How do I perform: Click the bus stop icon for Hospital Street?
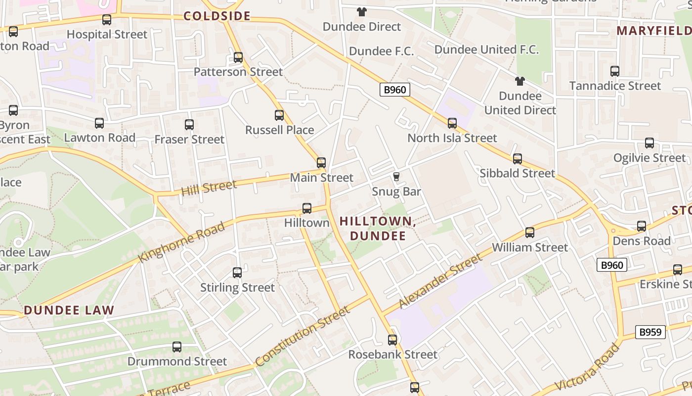[107, 20]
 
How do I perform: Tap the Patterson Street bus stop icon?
[238, 57]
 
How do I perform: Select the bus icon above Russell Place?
[279, 115]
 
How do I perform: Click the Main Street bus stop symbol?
[321, 163]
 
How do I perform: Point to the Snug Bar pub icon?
[396, 176]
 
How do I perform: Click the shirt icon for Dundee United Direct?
[519, 81]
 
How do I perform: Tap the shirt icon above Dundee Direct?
[362, 12]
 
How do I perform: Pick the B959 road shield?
[650, 332]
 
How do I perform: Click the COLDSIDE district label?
[217, 16]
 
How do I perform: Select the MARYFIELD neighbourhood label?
[653, 31]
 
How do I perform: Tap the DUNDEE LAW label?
[69, 310]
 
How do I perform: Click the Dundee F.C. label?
[381, 51]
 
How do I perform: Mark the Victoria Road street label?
[587, 367]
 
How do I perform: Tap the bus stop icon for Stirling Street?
[237, 273]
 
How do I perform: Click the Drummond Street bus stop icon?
[177, 347]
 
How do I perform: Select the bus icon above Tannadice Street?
[615, 71]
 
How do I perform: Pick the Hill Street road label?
[209, 188]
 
